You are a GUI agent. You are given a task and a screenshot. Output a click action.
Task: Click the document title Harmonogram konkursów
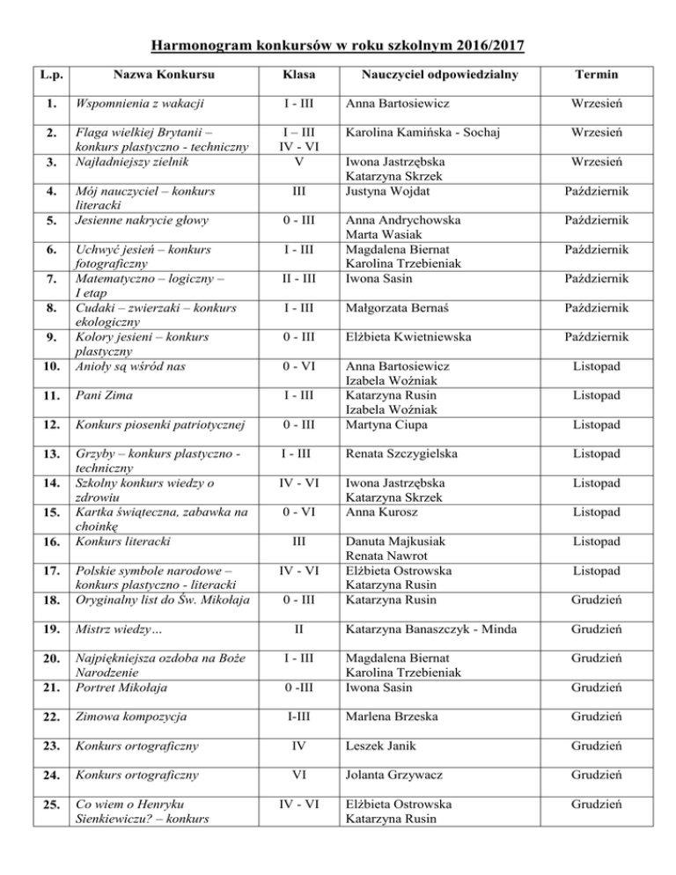click(x=338, y=45)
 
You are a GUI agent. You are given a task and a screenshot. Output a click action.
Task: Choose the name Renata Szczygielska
click(x=410, y=453)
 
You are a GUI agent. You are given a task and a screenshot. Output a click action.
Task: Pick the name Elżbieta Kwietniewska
click(x=412, y=312)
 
